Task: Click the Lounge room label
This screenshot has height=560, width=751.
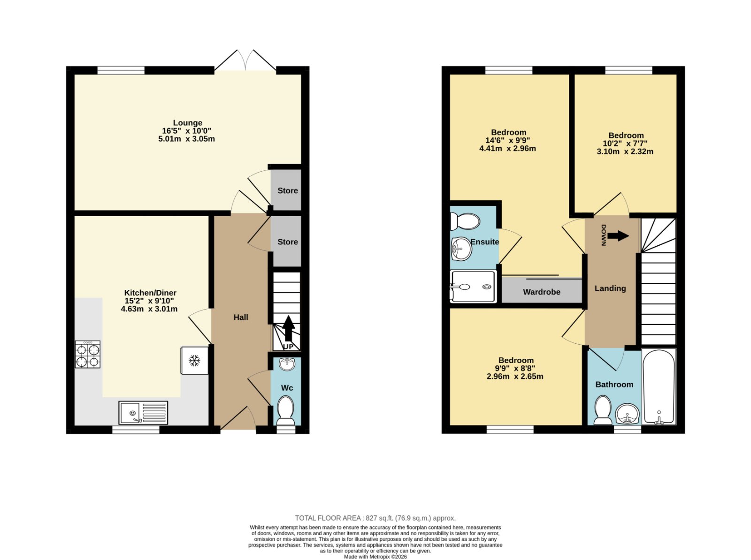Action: [x=187, y=123]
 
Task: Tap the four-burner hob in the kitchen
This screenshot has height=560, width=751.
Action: [x=88, y=354]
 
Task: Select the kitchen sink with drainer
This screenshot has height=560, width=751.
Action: [x=143, y=413]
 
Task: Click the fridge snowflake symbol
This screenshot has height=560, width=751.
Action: [x=194, y=361]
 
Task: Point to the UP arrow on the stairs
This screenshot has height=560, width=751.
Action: [x=288, y=328]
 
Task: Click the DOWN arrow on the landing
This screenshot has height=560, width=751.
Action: [x=618, y=235]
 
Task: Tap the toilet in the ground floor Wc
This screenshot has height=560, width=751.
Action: [x=285, y=410]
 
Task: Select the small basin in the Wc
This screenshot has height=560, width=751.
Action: [x=287, y=364]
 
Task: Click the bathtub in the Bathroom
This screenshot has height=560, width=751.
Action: [x=659, y=386]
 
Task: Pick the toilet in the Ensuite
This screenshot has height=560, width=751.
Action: [x=465, y=221]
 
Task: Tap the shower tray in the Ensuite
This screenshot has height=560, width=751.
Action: [x=473, y=287]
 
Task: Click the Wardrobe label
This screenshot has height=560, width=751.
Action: [x=542, y=292]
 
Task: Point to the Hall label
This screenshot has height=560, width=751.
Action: [x=240, y=317]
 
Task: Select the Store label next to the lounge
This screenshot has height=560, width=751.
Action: [x=287, y=190]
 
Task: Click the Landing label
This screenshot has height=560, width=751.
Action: [x=610, y=288]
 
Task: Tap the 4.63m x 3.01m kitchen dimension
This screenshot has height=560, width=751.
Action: [x=149, y=309]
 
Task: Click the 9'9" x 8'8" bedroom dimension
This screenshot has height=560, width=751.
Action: [x=515, y=368]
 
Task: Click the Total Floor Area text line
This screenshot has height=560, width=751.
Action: [x=375, y=518]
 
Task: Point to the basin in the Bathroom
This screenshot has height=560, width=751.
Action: [x=627, y=414]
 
